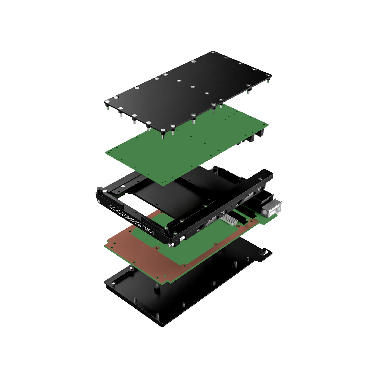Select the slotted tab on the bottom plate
265,252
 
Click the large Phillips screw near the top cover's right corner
249,85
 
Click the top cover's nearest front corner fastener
162,130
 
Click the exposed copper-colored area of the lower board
138,254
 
